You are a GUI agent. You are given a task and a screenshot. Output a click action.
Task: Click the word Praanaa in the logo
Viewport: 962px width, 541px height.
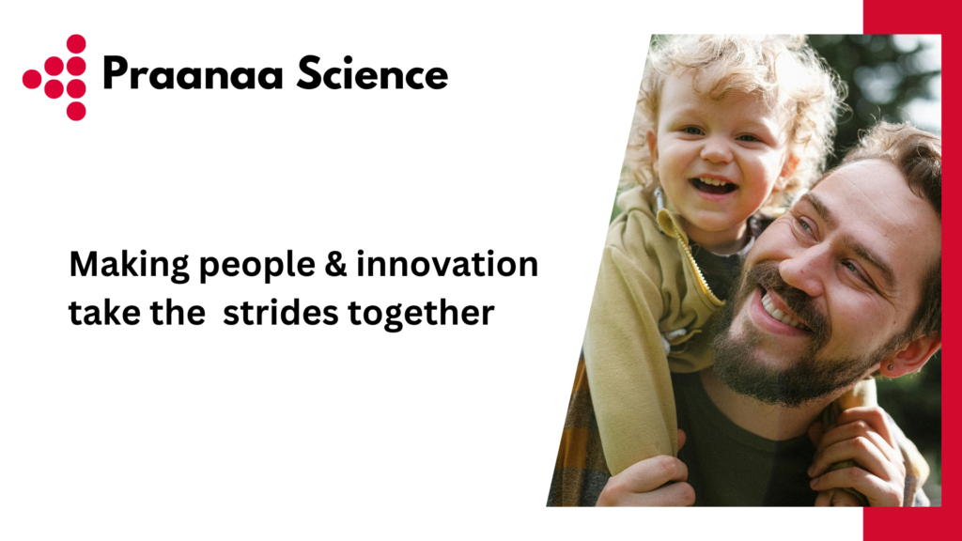click(x=194, y=74)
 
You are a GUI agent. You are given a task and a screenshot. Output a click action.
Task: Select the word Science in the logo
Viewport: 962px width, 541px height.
click(x=372, y=73)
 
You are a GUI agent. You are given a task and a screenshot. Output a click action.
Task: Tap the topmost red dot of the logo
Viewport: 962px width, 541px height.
click(x=76, y=43)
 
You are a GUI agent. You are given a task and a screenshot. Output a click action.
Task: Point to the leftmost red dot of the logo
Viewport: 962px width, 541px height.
click(x=32, y=79)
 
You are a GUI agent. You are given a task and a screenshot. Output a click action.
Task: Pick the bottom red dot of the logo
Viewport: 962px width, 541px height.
click(x=76, y=111)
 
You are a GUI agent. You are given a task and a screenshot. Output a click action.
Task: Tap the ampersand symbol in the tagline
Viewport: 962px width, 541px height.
click(x=336, y=264)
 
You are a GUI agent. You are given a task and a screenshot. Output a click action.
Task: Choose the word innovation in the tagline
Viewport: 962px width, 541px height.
click(x=447, y=264)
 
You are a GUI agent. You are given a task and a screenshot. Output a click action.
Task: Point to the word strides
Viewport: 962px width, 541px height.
click(x=280, y=312)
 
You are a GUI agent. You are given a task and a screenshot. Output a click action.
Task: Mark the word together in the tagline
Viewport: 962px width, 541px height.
click(x=421, y=314)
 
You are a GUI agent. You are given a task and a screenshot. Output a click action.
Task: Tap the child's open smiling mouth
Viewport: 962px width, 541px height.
click(x=713, y=185)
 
